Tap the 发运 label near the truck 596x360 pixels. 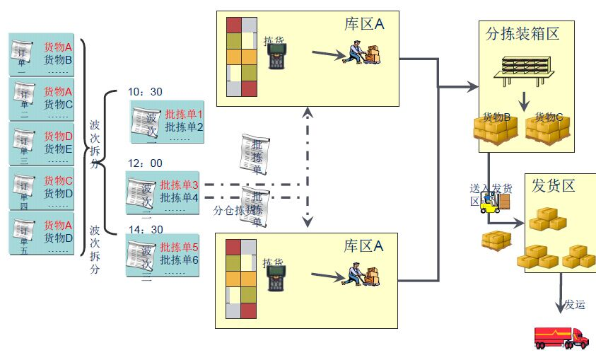pyautogui.click(x=575, y=305)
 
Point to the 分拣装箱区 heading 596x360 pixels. pyautogui.click(x=523, y=33)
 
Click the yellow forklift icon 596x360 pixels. pyautogui.click(x=489, y=204)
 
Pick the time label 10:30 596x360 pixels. pyautogui.click(x=146, y=92)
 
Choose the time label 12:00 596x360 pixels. pyautogui.click(x=145, y=163)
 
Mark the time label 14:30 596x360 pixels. pyautogui.click(x=146, y=229)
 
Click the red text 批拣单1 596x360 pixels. pyautogui.click(x=184, y=114)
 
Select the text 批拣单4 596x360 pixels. pyautogui.click(x=179, y=197)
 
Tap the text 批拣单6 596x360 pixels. pyautogui.click(x=180, y=260)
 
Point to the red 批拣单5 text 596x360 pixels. pyautogui.click(x=180, y=247)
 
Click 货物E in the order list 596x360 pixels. pyautogui.click(x=59, y=149)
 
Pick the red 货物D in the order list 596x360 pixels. pyautogui.click(x=59, y=136)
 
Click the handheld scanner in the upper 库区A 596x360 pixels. pyautogui.click(x=276, y=57)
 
